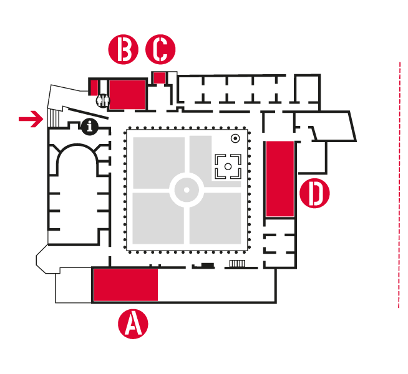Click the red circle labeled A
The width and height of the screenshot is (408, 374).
[133, 324]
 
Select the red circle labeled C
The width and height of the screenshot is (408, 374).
[160, 50]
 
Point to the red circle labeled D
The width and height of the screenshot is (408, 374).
[314, 193]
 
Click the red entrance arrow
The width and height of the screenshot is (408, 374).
[29, 118]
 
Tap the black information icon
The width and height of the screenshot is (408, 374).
[91, 127]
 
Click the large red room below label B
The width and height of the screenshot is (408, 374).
[127, 94]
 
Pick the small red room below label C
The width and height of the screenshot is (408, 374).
[160, 77]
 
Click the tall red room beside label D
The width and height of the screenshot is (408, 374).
[279, 179]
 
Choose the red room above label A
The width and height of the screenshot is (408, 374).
[125, 285]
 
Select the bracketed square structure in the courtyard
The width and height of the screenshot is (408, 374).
[228, 166]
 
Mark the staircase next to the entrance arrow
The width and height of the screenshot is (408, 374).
[54, 117]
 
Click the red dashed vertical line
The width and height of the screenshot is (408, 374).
[399, 187]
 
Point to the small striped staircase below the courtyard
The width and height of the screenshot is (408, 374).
[238, 264]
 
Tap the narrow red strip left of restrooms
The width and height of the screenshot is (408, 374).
[94, 87]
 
